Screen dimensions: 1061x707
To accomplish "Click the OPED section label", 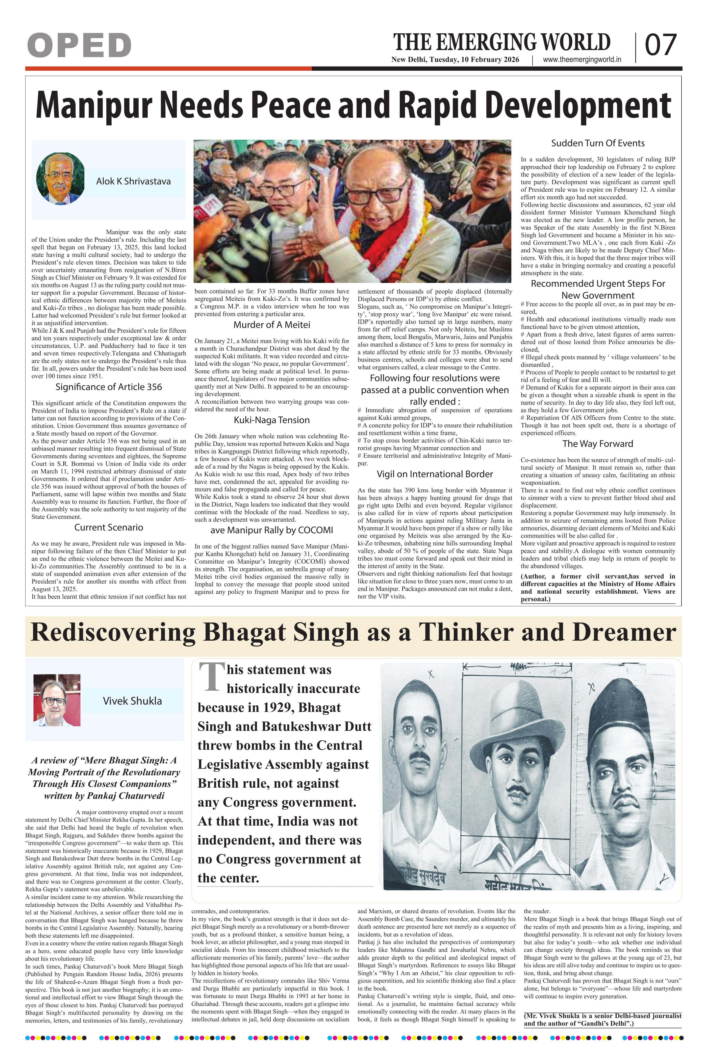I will [x=79, y=45].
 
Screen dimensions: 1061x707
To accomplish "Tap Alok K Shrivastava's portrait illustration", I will [x=60, y=179].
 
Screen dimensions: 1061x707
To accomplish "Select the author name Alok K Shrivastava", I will [x=134, y=181].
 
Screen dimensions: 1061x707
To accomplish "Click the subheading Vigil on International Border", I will [x=435, y=474].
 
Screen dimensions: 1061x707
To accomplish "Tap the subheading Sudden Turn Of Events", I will [x=598, y=143].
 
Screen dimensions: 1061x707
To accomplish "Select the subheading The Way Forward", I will [x=598, y=444].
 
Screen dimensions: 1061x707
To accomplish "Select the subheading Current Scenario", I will [x=109, y=527].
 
